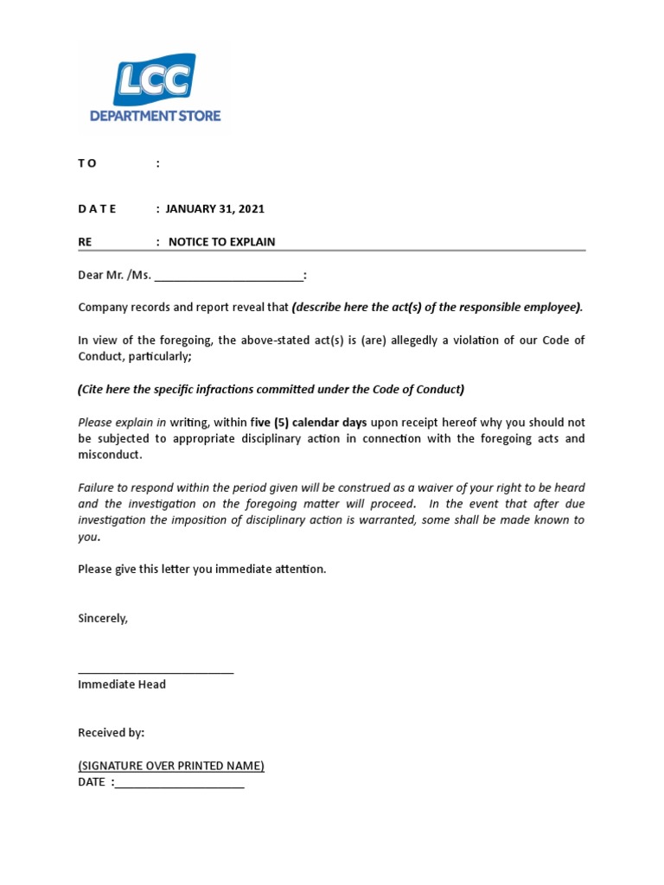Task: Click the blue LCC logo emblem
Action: tap(154, 80)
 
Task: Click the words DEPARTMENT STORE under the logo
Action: tap(156, 115)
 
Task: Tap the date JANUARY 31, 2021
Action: tap(215, 208)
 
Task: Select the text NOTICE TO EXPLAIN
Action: tap(221, 242)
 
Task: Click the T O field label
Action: tap(87, 163)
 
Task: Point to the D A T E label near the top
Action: tap(97, 208)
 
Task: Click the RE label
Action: tap(85, 242)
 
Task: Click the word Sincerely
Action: tap(103, 618)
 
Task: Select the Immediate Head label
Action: tap(122, 684)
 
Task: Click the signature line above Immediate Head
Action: tap(156, 672)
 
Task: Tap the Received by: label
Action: tap(112, 732)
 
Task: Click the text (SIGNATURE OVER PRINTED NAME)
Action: tap(171, 766)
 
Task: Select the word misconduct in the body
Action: tap(109, 455)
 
